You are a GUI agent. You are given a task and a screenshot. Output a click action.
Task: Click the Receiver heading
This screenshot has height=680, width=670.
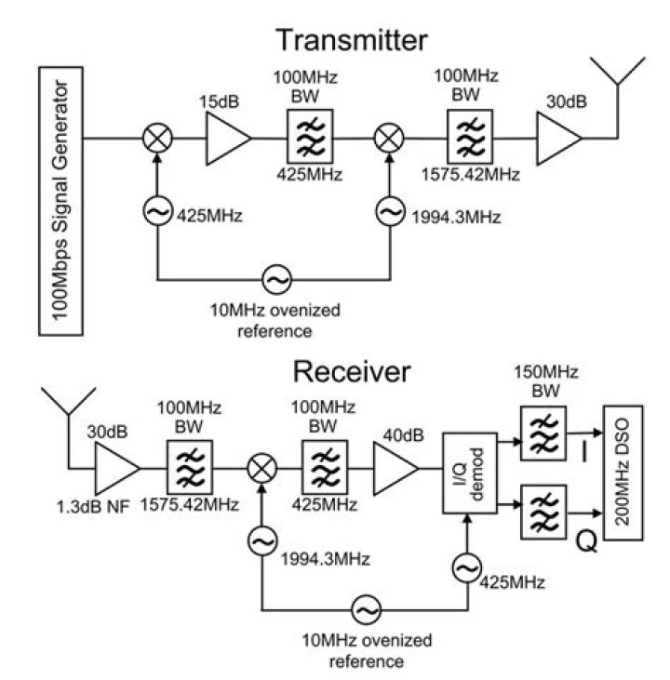tap(351, 371)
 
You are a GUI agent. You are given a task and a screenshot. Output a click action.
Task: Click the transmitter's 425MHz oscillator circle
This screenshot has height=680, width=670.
tap(157, 212)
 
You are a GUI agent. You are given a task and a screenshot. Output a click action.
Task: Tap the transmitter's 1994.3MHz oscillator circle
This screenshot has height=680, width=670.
tap(388, 212)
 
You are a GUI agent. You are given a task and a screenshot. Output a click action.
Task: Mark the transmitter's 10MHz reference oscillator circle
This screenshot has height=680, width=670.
tap(276, 277)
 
